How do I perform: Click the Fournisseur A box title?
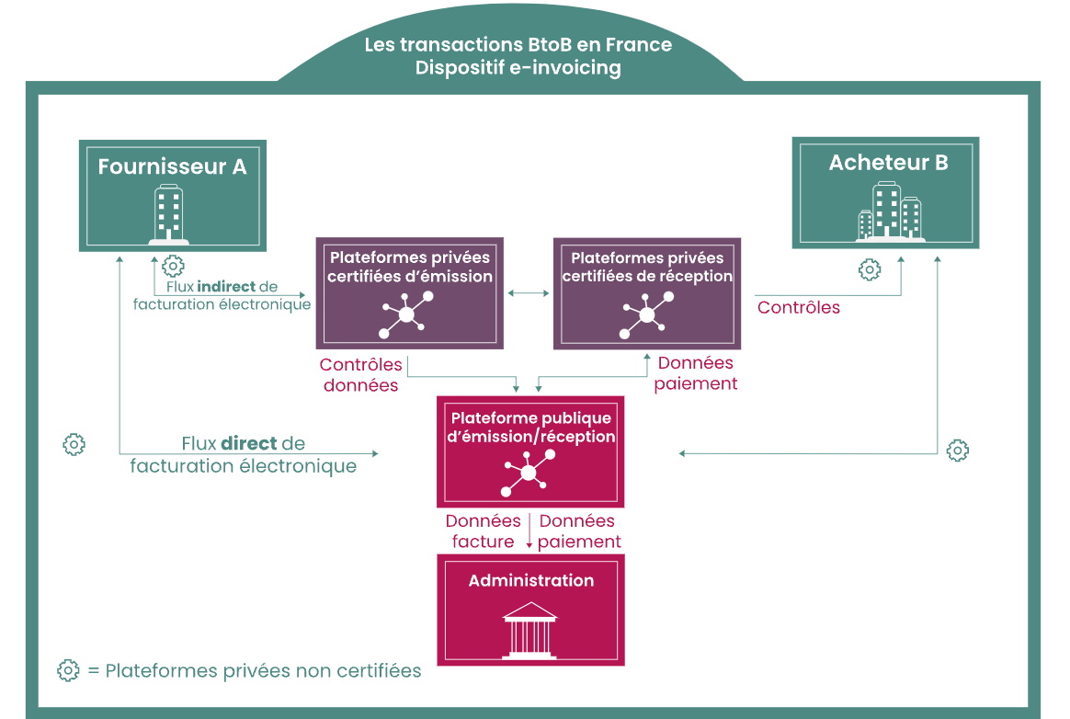pyautogui.click(x=172, y=166)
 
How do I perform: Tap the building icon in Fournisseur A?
pyautogui.click(x=168, y=214)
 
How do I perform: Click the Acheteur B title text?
pyautogui.click(x=889, y=163)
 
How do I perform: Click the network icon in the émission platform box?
pyautogui.click(x=406, y=314)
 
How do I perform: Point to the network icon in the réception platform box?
pyautogui.click(x=647, y=314)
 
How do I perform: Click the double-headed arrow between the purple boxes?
pyautogui.click(x=529, y=293)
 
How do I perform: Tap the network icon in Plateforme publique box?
pyautogui.click(x=529, y=473)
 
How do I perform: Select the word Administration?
pyautogui.click(x=531, y=580)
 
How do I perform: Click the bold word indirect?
pyautogui.click(x=226, y=286)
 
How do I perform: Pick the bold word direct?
pyautogui.click(x=249, y=443)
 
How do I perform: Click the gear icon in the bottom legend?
pyautogui.click(x=68, y=670)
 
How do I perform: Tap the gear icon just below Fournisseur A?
pyautogui.click(x=174, y=266)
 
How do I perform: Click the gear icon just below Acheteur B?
pyautogui.click(x=870, y=269)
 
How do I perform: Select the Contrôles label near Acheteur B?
pyautogui.click(x=799, y=307)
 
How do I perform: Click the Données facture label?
pyautogui.click(x=484, y=531)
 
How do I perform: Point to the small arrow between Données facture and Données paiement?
pyautogui.click(x=529, y=531)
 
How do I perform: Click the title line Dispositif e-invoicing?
pyautogui.click(x=518, y=68)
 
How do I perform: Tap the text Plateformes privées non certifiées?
pyautogui.click(x=264, y=670)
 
